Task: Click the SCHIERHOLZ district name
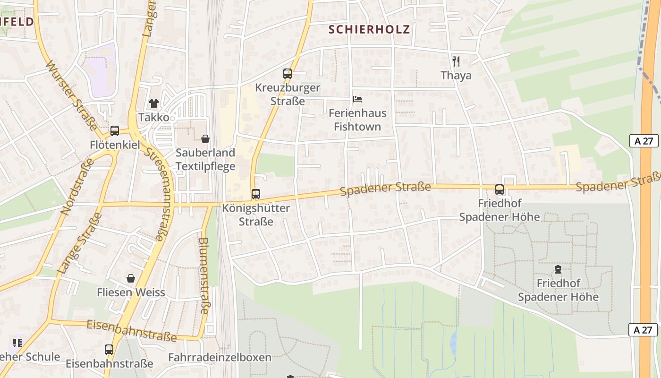point(369,29)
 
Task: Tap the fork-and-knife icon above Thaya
point(456,61)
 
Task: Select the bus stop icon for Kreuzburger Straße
point(287,73)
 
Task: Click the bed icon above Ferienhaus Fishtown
point(357,99)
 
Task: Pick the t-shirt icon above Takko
point(153,103)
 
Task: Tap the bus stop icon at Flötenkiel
point(115,131)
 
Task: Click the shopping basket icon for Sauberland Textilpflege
point(205,139)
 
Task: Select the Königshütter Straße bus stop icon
point(255,194)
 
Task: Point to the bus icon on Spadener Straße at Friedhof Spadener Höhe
point(500,189)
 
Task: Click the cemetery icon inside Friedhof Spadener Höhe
point(558,270)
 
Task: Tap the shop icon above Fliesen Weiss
point(131,279)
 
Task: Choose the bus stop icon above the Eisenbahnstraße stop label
point(109,350)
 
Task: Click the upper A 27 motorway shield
point(644,140)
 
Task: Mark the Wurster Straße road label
point(71,95)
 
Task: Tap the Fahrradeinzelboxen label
point(220,357)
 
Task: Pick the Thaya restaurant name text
point(456,76)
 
